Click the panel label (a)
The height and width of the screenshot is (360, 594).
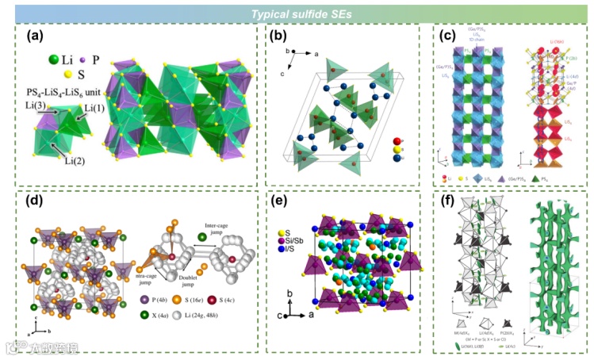[x=36, y=36]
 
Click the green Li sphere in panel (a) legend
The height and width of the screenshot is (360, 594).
[x=55, y=59]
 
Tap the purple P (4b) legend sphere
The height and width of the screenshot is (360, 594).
[x=144, y=299]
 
